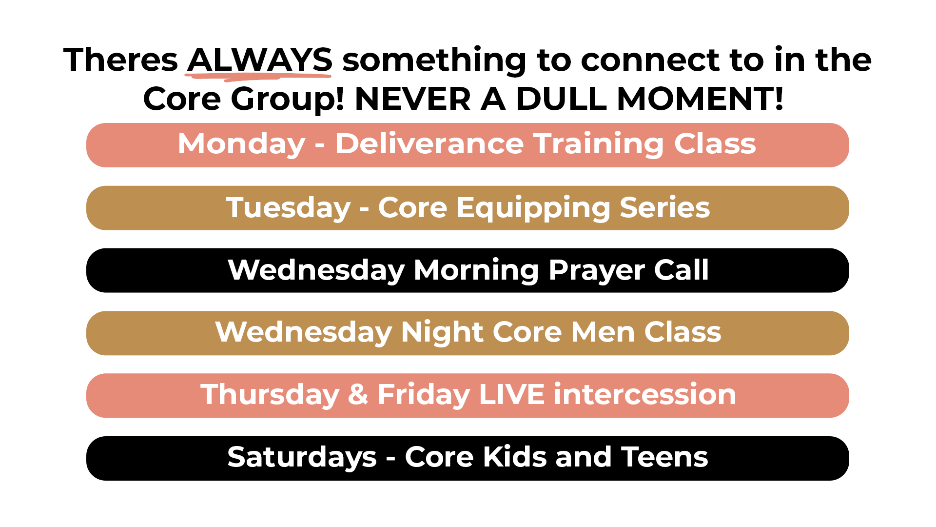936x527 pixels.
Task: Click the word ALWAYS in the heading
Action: point(260,60)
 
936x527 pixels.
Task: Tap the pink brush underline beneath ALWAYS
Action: point(258,75)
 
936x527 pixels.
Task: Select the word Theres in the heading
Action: point(121,60)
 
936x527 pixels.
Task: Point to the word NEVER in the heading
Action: point(413,99)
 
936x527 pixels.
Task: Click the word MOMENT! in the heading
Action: point(700,99)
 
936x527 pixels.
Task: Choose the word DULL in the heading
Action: point(561,99)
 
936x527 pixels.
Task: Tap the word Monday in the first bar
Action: point(242,144)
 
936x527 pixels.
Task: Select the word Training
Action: point(599,144)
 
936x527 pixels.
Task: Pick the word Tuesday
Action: point(288,208)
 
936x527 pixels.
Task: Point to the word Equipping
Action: point(533,208)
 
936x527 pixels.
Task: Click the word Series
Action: point(664,207)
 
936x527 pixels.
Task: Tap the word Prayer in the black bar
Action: point(597,270)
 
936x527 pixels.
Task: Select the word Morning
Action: point(476,270)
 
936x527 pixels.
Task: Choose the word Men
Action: point(603,332)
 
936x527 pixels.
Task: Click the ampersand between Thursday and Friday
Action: point(358,394)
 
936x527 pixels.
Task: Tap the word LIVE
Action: point(512,394)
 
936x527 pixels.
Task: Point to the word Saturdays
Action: point(302,457)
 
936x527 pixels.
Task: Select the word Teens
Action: point(664,457)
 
